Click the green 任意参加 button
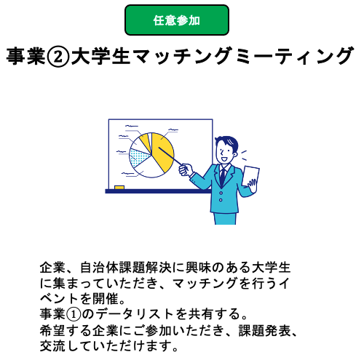(x=177, y=20)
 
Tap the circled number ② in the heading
(x=58, y=57)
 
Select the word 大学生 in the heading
(x=100, y=56)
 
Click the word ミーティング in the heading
(x=294, y=56)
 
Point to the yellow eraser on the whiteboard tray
(x=119, y=187)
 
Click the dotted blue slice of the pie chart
(x=138, y=157)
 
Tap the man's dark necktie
(x=223, y=176)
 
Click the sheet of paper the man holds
(x=250, y=176)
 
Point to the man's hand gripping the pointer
(x=185, y=169)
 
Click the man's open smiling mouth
(x=224, y=159)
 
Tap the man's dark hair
(x=228, y=142)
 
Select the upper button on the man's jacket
(x=221, y=193)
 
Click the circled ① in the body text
(x=74, y=314)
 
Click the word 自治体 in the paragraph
(x=100, y=268)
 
